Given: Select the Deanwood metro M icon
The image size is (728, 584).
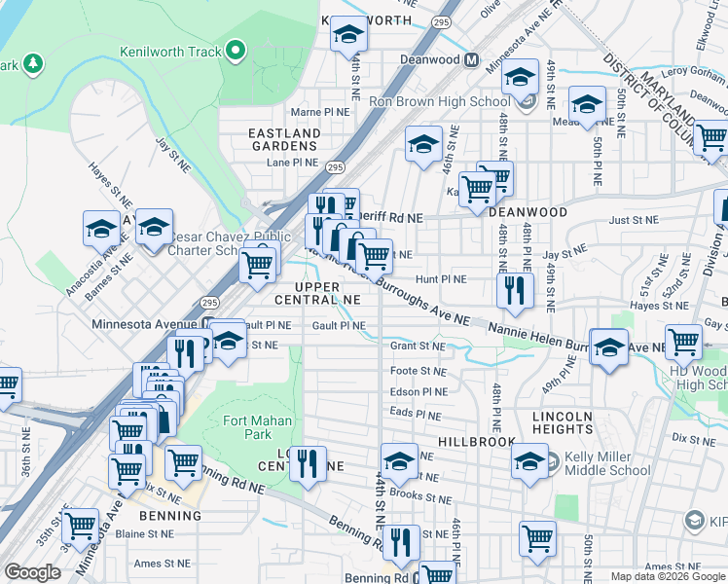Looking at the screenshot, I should (471, 58).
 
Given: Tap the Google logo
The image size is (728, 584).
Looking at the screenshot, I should (32, 572).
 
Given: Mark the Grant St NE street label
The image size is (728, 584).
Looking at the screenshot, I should (418, 346).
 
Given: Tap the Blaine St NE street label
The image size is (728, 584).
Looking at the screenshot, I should (145, 534).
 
